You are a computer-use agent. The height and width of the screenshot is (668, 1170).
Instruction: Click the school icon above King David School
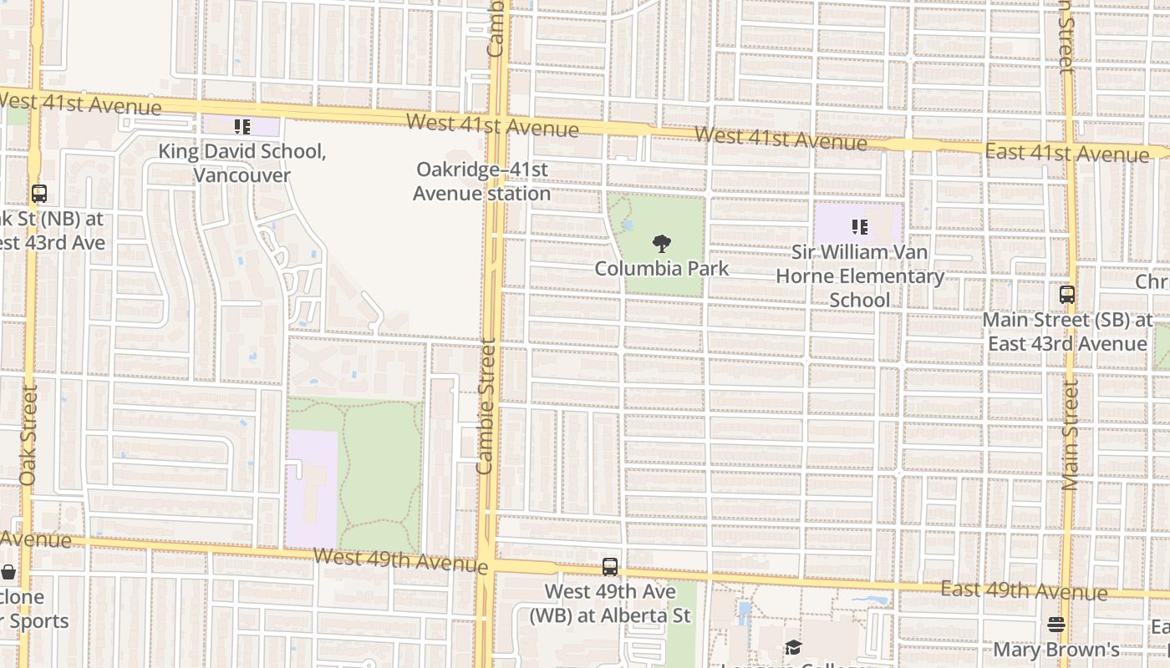coord(242,127)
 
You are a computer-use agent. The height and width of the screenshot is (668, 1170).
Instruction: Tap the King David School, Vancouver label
coord(242,164)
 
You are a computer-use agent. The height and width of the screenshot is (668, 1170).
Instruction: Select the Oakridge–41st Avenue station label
coord(481,181)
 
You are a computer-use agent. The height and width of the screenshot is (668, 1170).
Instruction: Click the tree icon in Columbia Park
coord(662,244)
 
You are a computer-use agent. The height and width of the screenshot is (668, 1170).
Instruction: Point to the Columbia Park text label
coord(662,269)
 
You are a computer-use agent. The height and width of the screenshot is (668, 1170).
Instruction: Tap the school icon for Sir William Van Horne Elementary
coord(859,226)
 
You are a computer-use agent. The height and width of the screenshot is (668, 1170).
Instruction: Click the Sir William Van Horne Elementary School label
coord(860,276)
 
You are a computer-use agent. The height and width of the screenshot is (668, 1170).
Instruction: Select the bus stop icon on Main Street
coord(1066,295)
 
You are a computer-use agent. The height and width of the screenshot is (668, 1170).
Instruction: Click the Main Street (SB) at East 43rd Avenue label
coord(1067,331)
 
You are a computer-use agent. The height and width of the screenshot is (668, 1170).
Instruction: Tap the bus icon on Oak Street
coord(38,194)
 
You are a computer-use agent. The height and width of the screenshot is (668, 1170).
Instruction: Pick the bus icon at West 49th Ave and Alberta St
coord(610,567)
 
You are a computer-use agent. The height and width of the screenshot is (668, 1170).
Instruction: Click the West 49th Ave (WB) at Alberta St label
coord(610,604)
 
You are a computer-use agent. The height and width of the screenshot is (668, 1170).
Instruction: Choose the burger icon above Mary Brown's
coord(1056,625)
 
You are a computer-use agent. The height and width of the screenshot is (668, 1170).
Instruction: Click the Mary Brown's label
coord(1056,650)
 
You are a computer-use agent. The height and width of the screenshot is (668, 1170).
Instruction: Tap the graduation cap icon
coord(792,648)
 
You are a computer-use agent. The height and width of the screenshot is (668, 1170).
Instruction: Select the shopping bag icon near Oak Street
coord(8,573)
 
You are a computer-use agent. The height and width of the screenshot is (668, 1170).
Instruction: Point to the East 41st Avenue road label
coord(1066,154)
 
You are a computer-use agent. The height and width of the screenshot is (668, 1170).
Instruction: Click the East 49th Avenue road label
coord(1024,591)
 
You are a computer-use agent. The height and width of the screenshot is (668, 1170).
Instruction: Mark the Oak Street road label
coord(28,434)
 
